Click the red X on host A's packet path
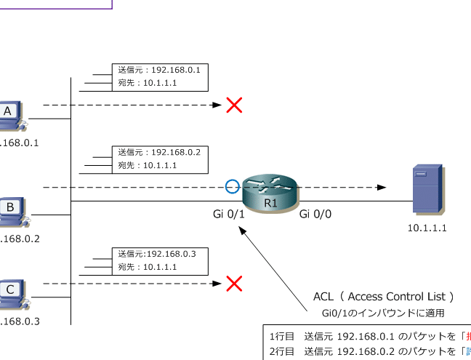tap(234, 105)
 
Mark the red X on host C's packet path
tap(234, 284)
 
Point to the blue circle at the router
tap(232, 187)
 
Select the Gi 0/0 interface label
tap(315, 214)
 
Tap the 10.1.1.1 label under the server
tap(427, 228)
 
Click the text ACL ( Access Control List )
tap(384, 297)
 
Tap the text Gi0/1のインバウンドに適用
tap(383, 313)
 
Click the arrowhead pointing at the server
tap(381, 188)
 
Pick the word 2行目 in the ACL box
tap(281, 352)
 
